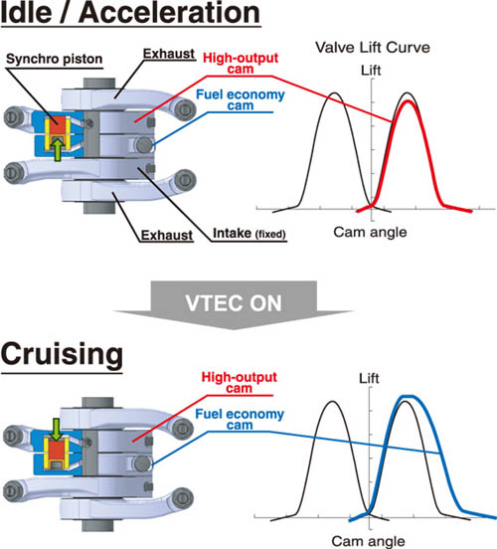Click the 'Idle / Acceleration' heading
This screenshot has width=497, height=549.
pyautogui.click(x=130, y=13)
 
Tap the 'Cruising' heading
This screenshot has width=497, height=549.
pyautogui.click(x=62, y=354)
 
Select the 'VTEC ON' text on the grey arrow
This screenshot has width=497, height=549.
pyautogui.click(x=234, y=303)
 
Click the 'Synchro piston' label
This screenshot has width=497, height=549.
pyautogui.click(x=55, y=59)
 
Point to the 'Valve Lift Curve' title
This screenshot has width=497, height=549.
pyautogui.click(x=373, y=48)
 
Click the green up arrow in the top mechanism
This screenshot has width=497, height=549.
pyautogui.click(x=58, y=149)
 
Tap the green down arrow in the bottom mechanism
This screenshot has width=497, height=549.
pyautogui.click(x=57, y=430)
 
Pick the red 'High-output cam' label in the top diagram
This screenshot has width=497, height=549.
pyautogui.click(x=241, y=63)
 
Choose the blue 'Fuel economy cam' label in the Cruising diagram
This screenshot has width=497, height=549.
pyautogui.click(x=240, y=419)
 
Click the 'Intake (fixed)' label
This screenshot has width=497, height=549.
pyautogui.click(x=249, y=234)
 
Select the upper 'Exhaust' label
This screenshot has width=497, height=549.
pyautogui.click(x=169, y=54)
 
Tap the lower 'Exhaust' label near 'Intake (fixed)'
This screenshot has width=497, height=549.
pyautogui.click(x=167, y=236)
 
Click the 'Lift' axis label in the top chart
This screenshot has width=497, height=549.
pyautogui.click(x=371, y=71)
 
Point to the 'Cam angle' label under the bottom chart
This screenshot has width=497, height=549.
pyautogui.click(x=368, y=541)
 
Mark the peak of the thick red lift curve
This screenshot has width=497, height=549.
pyautogui.click(x=408, y=101)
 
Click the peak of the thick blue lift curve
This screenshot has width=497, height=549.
pyautogui.click(x=409, y=397)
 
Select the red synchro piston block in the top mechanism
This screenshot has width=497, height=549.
pyautogui.click(x=58, y=125)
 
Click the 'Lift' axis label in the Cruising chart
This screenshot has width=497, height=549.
pyautogui.click(x=369, y=379)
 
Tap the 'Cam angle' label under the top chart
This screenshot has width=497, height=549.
pyautogui.click(x=371, y=232)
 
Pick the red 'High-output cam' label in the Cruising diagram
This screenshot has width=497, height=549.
pyautogui.click(x=239, y=382)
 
